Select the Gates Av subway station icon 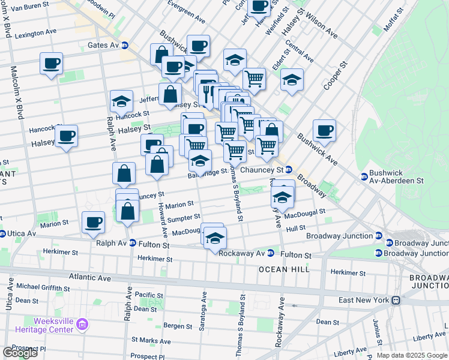pyautogui.click(x=125, y=45)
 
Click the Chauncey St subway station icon pyautogui.click(x=289, y=170)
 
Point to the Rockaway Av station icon pyautogui.click(x=271, y=253)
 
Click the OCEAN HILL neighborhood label pyautogui.click(x=285, y=269)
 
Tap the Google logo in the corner pyautogui.click(x=20, y=353)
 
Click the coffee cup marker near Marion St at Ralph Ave pyautogui.click(x=93, y=222)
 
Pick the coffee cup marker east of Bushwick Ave pyautogui.click(x=324, y=130)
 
